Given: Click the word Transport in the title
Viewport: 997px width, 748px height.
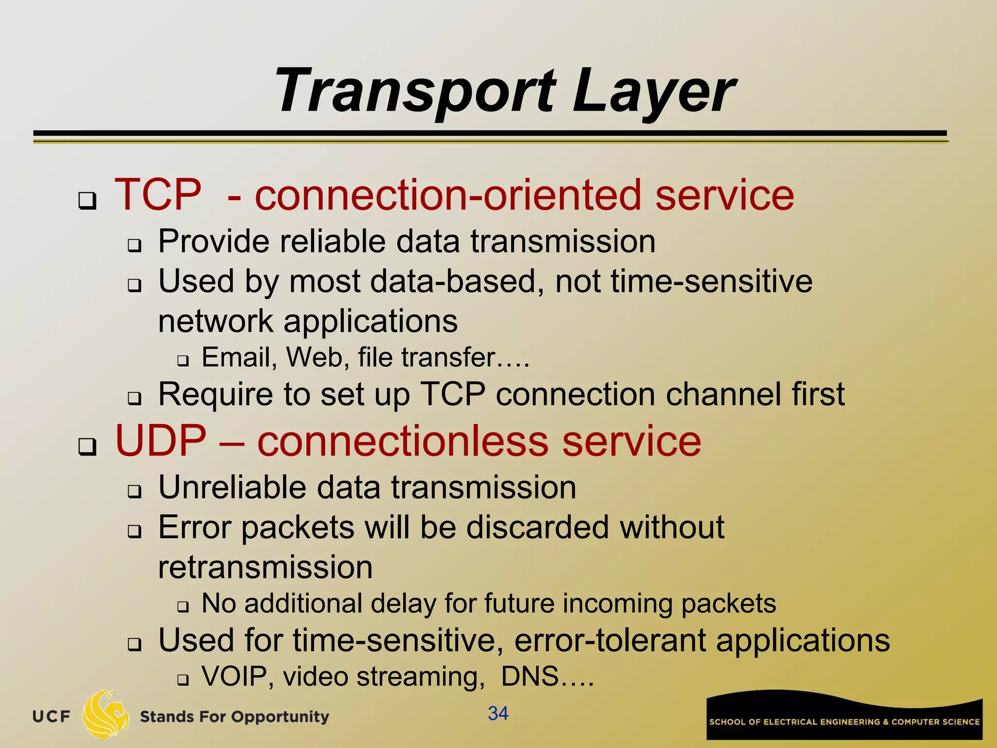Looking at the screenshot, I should tap(415, 92).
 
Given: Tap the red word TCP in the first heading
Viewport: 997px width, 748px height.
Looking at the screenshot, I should tap(158, 195).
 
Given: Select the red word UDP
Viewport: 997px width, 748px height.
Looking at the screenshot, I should tap(161, 441).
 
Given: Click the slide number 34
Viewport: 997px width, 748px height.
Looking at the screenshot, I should tap(498, 713).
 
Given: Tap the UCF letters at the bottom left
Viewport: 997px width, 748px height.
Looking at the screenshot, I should tap(51, 717).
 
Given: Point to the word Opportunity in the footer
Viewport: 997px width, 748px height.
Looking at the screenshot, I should tap(280, 717).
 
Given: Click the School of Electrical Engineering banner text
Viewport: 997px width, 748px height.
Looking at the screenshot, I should tap(844, 722).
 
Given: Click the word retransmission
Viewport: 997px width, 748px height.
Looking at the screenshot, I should tap(265, 567).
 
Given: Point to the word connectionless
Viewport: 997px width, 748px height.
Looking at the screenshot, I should tap(403, 441).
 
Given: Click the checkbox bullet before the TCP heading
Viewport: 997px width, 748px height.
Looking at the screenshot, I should tap(87, 200).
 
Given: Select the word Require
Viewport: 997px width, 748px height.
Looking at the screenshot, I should tap(216, 394).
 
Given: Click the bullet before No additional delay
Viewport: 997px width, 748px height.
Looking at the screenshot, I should tap(183, 607).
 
